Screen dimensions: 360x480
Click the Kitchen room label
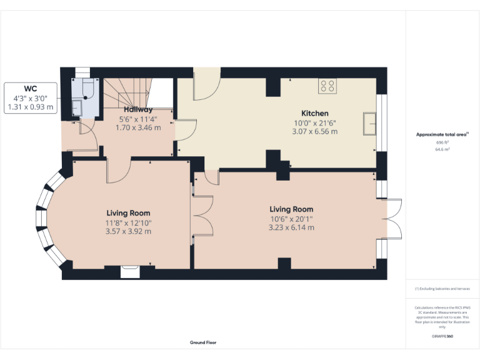tap(314, 113)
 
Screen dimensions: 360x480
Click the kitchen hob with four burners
tap(327, 86)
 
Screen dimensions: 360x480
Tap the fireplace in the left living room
tap(130, 271)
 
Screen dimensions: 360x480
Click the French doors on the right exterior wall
tap(391, 218)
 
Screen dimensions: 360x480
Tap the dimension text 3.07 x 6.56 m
tap(314, 131)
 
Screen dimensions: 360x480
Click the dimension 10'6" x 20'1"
tap(291, 219)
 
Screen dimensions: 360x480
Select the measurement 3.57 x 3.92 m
tap(128, 231)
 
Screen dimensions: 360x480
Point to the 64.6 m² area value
tap(442, 150)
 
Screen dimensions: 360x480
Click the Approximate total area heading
tap(442, 134)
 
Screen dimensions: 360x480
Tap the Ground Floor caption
tap(203, 342)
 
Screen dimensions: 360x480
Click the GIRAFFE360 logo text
tap(442, 337)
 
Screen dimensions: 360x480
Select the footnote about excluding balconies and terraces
tap(442, 289)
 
